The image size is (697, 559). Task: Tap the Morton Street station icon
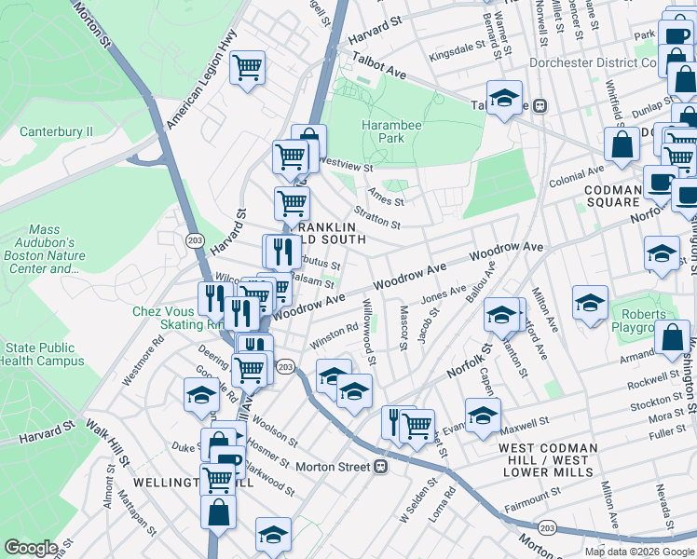(380, 466)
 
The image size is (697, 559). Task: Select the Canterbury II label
(56, 131)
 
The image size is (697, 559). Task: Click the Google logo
(31, 548)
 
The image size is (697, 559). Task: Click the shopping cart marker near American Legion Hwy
(248, 67)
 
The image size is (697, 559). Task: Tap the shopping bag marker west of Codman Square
(621, 144)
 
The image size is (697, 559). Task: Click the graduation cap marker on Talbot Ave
(504, 99)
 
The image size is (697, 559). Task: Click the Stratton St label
(377, 221)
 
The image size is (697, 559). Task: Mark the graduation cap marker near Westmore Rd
(201, 396)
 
